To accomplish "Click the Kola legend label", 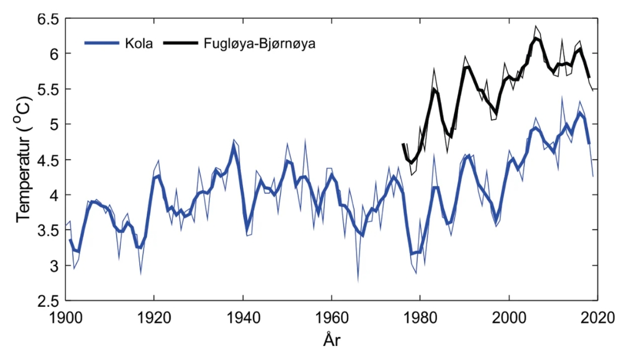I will (141, 43).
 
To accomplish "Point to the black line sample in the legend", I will (182, 43).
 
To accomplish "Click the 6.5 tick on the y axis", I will (47, 19).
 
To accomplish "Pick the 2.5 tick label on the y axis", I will (47, 300).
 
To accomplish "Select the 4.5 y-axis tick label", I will (47, 160).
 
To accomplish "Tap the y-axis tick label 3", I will (53, 266).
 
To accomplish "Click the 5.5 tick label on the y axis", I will (47, 89).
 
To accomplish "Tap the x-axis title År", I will (331, 341).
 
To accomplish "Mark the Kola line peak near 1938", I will (234, 145).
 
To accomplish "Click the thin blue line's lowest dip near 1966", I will (358, 281).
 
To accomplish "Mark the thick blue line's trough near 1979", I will (413, 254).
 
